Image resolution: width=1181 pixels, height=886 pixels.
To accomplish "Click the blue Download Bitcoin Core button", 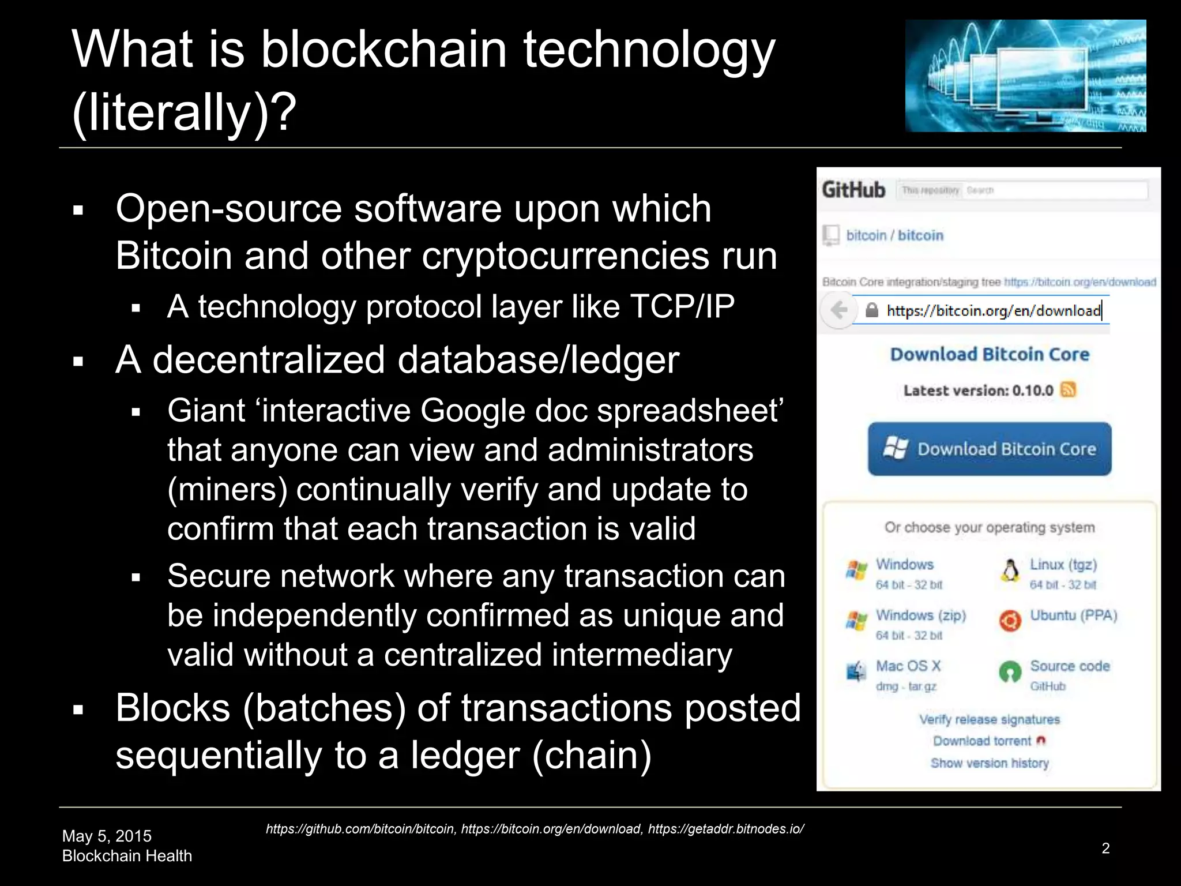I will click(990, 449).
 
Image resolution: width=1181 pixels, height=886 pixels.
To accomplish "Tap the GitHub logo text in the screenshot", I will click(853, 190).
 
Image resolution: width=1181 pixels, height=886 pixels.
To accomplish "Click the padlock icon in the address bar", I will click(872, 310).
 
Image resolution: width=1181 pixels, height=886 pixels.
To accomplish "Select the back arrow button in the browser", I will click(838, 310).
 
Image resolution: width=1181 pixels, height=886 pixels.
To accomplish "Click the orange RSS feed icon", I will click(1068, 390).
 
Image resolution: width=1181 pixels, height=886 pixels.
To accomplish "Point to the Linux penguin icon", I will click(1010, 571).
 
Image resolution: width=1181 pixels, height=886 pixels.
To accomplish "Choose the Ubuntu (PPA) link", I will click(1073, 615).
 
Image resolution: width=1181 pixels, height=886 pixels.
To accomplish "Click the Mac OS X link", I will click(908, 666).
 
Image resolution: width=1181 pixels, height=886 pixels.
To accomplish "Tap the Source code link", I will click(1070, 666).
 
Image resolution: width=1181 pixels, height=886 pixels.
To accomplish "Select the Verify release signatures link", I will click(990, 719).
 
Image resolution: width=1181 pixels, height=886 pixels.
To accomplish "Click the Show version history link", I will click(990, 763).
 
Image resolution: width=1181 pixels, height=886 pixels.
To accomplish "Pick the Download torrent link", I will click(982, 741).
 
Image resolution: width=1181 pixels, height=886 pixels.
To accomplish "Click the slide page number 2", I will click(1105, 848).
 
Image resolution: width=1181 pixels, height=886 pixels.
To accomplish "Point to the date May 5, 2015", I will click(107, 836).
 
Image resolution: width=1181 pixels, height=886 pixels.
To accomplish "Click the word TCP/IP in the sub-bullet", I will click(682, 306).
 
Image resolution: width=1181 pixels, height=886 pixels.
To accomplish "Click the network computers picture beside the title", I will click(1025, 76).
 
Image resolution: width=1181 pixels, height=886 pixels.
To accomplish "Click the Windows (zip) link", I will click(921, 615).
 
